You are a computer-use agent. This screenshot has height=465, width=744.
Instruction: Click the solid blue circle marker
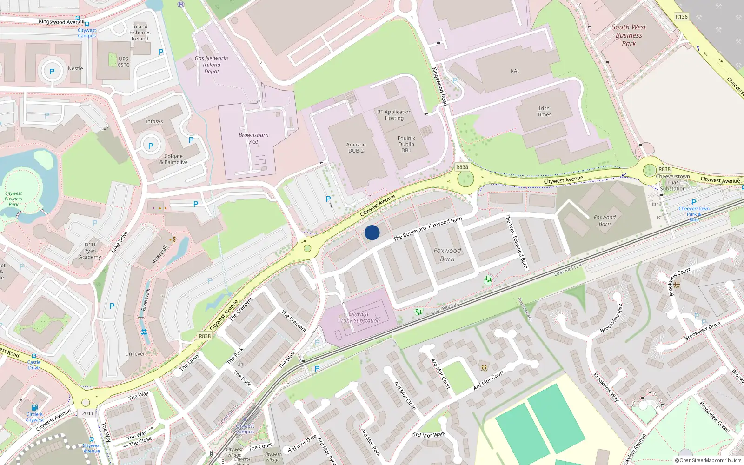pyautogui.click(x=372, y=232)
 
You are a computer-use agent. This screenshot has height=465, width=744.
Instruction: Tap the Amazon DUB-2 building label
pyautogui.click(x=356, y=148)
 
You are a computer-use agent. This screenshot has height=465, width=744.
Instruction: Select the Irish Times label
pyautogui.click(x=544, y=112)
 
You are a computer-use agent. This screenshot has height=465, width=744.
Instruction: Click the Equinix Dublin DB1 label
pyautogui.click(x=406, y=144)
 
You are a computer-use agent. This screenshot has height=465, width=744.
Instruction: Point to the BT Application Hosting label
pyautogui.click(x=394, y=115)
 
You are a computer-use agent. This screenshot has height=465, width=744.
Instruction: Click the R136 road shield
pyautogui.click(x=681, y=17)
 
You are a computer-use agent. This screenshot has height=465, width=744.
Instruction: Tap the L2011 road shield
pyautogui.click(x=86, y=413)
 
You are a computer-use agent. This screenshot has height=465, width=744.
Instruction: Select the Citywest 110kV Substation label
pyautogui.click(x=359, y=317)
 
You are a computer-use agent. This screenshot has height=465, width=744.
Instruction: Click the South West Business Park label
pyautogui.click(x=629, y=35)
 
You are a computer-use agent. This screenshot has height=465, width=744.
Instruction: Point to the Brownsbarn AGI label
pyautogui.click(x=253, y=138)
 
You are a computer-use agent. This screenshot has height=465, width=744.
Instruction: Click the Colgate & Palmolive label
pyautogui.click(x=173, y=159)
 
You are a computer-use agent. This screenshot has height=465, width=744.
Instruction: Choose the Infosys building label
pyautogui.click(x=154, y=121)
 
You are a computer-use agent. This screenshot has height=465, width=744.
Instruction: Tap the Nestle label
pyautogui.click(x=75, y=68)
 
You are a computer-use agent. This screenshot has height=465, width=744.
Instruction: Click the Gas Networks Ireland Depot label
pyautogui.click(x=212, y=65)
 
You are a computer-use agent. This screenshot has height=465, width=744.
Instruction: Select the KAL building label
pyautogui.click(x=515, y=71)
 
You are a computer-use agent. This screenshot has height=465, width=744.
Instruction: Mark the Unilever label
pyautogui.click(x=135, y=354)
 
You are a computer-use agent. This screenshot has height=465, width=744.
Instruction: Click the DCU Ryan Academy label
pyautogui.click(x=90, y=251)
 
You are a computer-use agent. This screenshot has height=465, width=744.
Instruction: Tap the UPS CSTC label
pyautogui.click(x=123, y=62)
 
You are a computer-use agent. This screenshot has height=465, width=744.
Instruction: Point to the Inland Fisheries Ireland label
pyautogui.click(x=139, y=33)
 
